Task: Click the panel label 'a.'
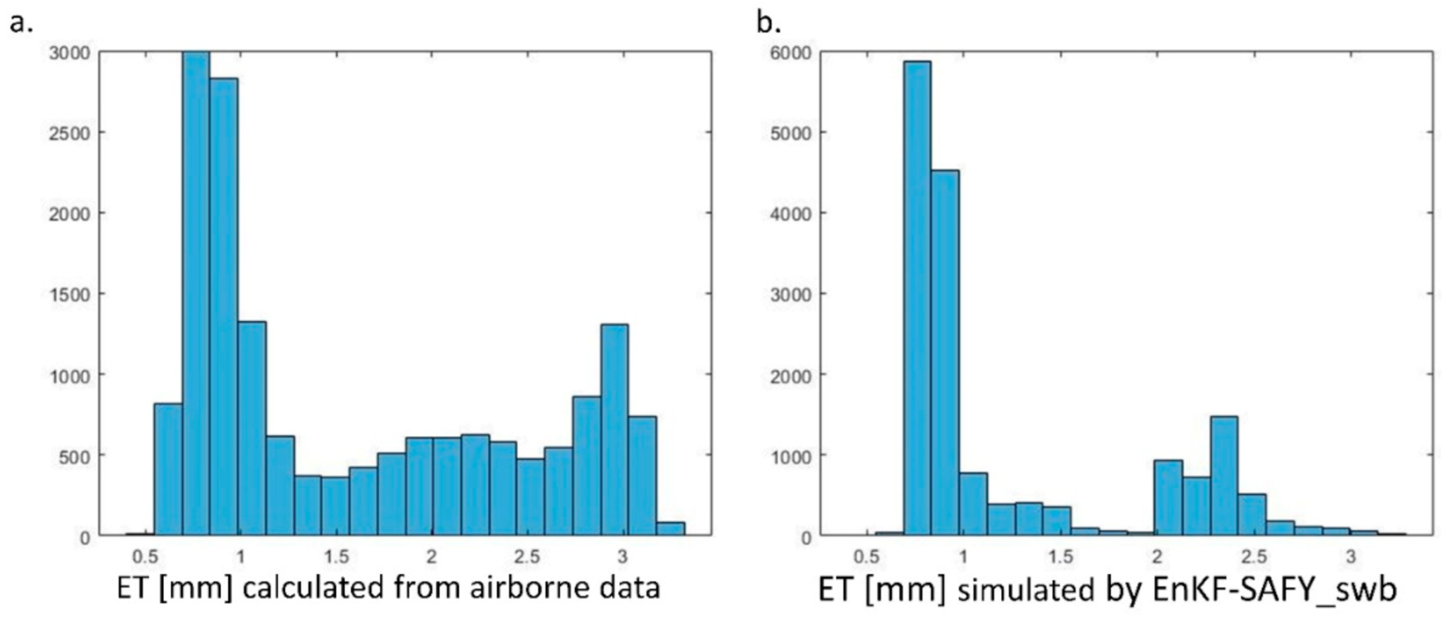[x=21, y=24]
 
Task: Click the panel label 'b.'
[x=768, y=24]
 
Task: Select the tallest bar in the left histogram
[x=196, y=294]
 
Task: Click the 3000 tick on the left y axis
[x=69, y=53]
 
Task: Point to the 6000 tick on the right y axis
[x=790, y=53]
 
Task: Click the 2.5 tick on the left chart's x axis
[x=527, y=557]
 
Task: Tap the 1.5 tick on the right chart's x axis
[x=1060, y=557]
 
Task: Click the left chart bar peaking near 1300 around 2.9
[x=614, y=430]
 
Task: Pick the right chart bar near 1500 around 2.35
[x=1224, y=476]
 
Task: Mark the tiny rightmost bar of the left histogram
[x=670, y=529]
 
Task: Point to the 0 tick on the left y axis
[x=85, y=538]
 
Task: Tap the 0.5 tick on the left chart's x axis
[x=145, y=557]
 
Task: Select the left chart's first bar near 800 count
[x=168, y=469]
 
